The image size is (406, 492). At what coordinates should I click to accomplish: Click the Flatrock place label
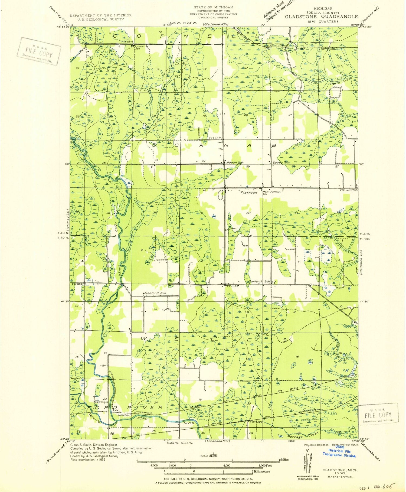249,193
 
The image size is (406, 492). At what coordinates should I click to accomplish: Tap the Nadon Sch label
235,162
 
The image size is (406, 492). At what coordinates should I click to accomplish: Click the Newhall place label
124,415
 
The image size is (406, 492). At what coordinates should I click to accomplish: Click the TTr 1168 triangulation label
233,286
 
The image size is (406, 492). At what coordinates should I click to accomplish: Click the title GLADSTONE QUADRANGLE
321,17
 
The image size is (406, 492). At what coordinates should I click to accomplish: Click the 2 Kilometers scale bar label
261,471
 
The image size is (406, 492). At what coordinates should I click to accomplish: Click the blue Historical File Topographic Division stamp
339,453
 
